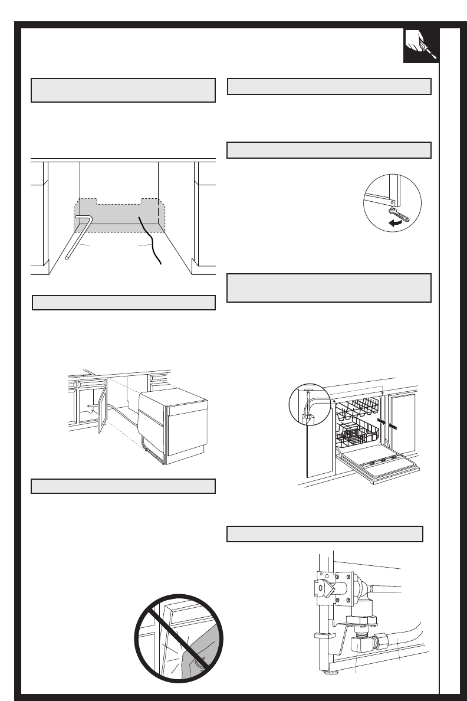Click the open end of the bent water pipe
68,258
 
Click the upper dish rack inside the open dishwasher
360,407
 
